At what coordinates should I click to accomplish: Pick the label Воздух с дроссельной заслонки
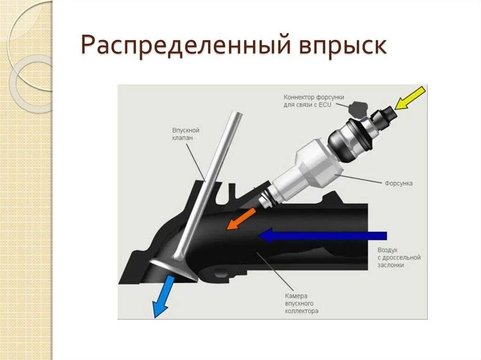pos(398,257)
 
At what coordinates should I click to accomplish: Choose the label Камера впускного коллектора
pos(302,303)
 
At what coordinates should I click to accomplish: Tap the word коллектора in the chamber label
pos(302,311)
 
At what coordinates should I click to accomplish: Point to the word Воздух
pos(388,250)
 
